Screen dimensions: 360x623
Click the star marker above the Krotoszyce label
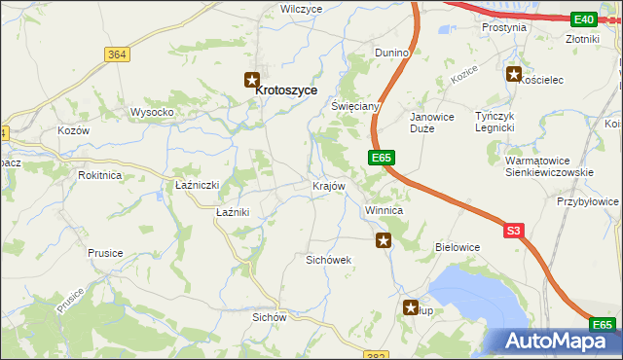click(x=252, y=80)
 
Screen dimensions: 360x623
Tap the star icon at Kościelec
click(x=513, y=73)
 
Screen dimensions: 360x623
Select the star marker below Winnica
click(x=385, y=239)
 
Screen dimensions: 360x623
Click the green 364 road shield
click(x=118, y=54)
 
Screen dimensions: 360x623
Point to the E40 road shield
click(x=584, y=18)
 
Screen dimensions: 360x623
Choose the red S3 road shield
click(x=514, y=231)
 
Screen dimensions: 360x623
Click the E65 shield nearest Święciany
click(x=381, y=156)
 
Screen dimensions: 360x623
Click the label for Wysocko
click(x=152, y=112)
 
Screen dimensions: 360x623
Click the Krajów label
click(x=329, y=185)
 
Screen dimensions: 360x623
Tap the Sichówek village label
click(x=328, y=260)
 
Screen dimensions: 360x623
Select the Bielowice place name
click(x=458, y=247)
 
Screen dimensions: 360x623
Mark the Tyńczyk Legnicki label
click(x=499, y=122)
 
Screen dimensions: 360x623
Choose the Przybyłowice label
click(x=588, y=201)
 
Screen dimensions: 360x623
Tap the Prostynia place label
click(x=504, y=27)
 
